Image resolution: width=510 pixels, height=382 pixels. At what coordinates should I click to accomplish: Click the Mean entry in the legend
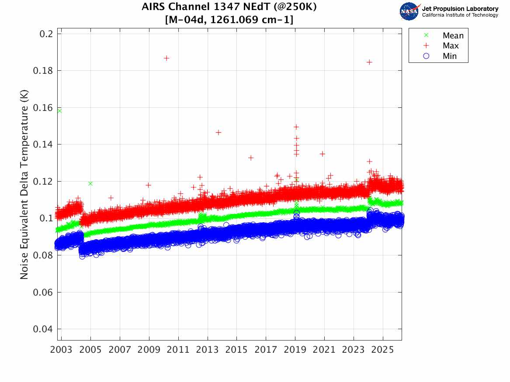tap(453, 36)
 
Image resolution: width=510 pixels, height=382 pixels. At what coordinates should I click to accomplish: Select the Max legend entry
tap(451, 46)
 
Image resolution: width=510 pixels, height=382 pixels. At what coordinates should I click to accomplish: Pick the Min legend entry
tap(450, 56)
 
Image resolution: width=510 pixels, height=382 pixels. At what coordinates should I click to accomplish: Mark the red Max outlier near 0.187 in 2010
tap(167, 58)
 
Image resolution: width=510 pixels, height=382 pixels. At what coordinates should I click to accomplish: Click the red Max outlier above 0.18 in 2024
tap(369, 62)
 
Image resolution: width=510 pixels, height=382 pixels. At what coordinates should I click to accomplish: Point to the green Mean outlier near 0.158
tap(59, 111)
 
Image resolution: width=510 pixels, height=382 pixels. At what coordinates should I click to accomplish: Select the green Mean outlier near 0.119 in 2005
tap(90, 183)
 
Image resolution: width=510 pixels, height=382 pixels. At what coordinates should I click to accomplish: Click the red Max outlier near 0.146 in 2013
tap(219, 132)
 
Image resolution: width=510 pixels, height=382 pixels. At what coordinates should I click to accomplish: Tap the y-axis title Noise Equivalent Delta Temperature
tap(24, 186)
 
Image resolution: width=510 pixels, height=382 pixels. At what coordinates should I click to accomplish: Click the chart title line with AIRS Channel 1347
tap(229, 7)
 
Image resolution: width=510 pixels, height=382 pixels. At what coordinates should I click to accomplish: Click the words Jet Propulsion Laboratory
tap(460, 9)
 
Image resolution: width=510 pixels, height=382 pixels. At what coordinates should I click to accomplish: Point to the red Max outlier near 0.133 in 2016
tap(251, 158)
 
